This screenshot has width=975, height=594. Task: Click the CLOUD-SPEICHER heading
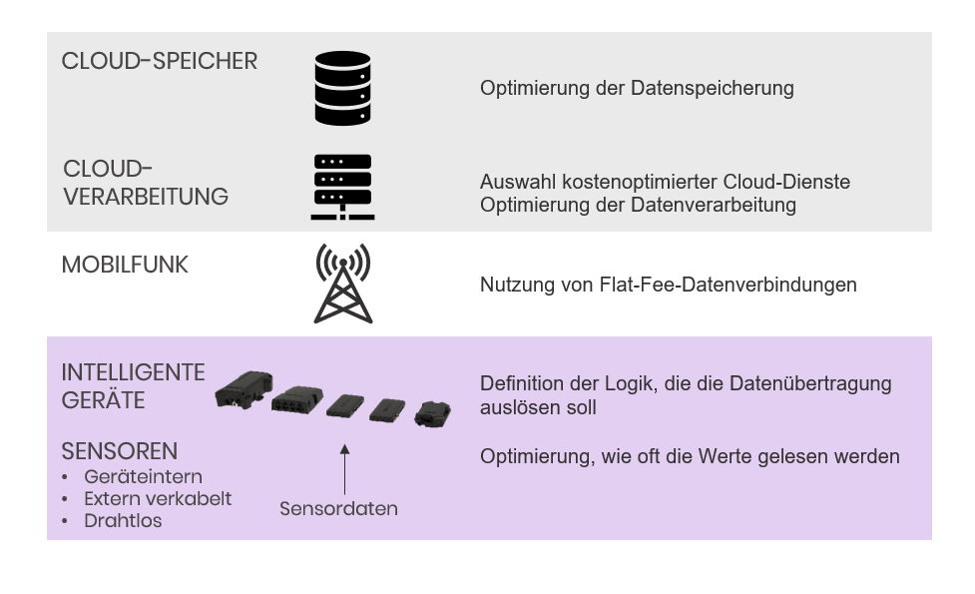160,61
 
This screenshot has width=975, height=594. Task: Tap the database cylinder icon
342,88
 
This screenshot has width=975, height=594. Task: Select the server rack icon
342,187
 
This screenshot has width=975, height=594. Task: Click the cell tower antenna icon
342,283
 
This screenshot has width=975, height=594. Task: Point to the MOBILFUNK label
125,265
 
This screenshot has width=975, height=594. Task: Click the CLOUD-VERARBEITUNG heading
146,183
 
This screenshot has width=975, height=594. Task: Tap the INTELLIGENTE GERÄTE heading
133,386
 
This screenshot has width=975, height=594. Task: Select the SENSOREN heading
120,451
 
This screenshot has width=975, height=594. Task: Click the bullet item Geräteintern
143,476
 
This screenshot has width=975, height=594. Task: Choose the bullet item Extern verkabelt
158,498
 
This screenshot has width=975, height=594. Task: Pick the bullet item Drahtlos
123,520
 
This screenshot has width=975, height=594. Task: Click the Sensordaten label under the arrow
338,509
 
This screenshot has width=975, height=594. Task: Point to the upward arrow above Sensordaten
344,469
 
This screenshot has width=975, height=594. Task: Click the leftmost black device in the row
244,390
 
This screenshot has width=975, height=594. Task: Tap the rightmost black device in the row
432,413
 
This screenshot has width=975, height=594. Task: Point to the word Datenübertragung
810,383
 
